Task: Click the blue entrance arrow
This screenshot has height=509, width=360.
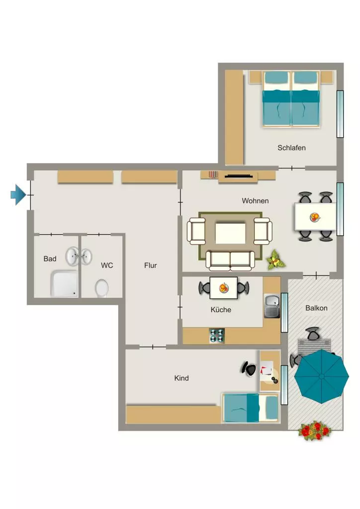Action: pyautogui.click(x=18, y=195)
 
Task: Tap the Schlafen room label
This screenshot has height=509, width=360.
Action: pyautogui.click(x=291, y=148)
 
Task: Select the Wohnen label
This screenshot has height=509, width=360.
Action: pyautogui.click(x=255, y=201)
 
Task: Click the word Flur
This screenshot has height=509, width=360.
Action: pyautogui.click(x=150, y=265)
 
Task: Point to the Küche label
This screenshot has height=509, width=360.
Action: pyautogui.click(x=221, y=309)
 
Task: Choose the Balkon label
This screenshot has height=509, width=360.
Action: pyautogui.click(x=316, y=308)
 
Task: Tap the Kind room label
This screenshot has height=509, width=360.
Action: pyautogui.click(x=181, y=378)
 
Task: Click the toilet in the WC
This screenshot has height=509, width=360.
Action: pyautogui.click(x=101, y=288)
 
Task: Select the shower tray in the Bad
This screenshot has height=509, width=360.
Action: pyautogui.click(x=64, y=283)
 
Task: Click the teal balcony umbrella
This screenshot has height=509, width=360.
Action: pyautogui.click(x=321, y=376)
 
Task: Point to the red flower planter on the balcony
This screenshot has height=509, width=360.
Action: pyautogui.click(x=314, y=430)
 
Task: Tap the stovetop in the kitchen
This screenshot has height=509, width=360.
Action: pyautogui.click(x=217, y=336)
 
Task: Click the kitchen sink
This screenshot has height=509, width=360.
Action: pyautogui.click(x=271, y=306)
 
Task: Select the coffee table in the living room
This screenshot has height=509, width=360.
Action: pyautogui.click(x=231, y=233)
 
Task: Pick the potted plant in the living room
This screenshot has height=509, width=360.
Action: pyautogui.click(x=275, y=259)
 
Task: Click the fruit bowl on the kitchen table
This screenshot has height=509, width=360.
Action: pyautogui.click(x=223, y=288)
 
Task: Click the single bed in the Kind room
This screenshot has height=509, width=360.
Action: pyautogui.click(x=250, y=408)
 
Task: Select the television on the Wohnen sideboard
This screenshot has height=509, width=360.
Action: pyautogui.click(x=239, y=176)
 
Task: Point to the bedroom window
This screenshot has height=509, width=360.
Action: pyautogui.click(x=340, y=114)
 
